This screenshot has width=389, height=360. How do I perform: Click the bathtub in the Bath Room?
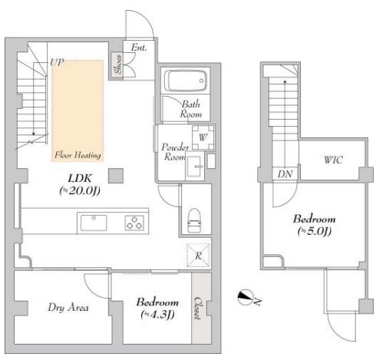(186, 81)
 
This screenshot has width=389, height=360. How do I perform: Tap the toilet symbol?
(194, 220)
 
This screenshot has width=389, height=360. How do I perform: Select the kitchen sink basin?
(94, 223)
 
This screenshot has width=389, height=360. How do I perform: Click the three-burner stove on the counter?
(134, 223)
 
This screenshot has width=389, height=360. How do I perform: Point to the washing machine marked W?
(203, 137)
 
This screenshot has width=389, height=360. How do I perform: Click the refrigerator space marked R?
(198, 256)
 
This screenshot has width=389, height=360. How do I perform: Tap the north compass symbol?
(246, 297)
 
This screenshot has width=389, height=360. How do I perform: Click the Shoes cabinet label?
(118, 64)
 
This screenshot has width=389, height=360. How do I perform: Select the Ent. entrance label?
(139, 48)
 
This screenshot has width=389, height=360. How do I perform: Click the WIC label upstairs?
(333, 160)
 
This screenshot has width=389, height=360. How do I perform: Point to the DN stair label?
(285, 174)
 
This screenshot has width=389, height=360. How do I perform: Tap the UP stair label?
(57, 62)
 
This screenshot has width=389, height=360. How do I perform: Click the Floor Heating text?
(77, 155)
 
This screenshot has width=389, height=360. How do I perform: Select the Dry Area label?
(68, 307)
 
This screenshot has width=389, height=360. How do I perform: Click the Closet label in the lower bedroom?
(197, 308)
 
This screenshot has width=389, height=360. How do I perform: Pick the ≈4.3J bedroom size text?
(157, 315)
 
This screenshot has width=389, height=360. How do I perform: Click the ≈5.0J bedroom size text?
(315, 231)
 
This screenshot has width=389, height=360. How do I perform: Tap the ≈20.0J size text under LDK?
(80, 190)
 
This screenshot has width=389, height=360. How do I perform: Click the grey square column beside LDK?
(116, 176)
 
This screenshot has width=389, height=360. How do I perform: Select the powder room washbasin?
(195, 167)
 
